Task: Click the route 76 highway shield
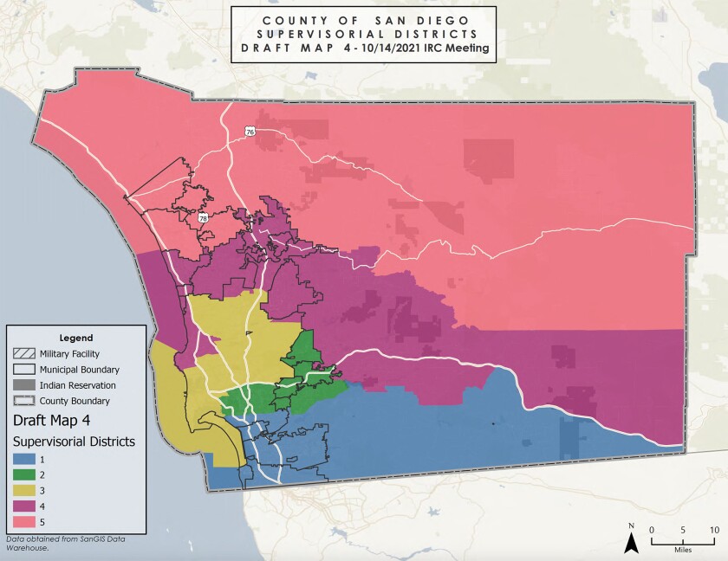point(250,132)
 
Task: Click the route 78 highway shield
point(202,217)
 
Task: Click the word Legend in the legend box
point(75,337)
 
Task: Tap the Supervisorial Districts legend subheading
point(74,441)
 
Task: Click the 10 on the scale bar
point(713,530)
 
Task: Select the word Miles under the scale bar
point(682,548)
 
